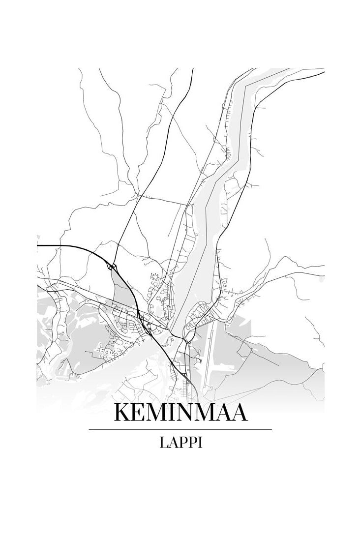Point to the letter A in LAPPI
click(x=174, y=443)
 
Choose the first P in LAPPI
click(x=183, y=443)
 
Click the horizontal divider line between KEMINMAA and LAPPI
click(x=180, y=429)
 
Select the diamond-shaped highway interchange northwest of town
click(x=113, y=267)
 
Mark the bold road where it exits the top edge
click(x=193, y=70)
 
